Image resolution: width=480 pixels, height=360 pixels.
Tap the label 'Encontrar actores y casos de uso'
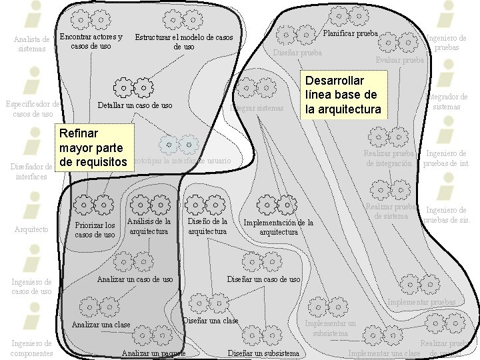91,41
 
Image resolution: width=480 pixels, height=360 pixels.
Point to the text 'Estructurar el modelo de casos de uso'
184,42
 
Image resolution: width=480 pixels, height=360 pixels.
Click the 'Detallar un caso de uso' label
135,105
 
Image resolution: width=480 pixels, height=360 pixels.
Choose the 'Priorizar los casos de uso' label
95,230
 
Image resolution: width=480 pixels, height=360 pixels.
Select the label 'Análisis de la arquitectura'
149,226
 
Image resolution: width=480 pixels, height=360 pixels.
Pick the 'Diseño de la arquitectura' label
208,226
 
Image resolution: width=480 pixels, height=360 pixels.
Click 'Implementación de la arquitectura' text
279,227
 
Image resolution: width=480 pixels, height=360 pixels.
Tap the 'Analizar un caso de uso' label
135,279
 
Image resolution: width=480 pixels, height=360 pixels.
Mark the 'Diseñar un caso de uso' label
264,279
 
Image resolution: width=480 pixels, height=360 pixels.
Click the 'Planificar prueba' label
350,33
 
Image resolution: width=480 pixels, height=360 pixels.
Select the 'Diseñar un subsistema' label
263,353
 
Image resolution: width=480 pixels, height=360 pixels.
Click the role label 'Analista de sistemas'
32,44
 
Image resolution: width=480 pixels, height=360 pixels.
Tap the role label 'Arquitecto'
31,229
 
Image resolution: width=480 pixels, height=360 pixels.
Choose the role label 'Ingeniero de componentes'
31,348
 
